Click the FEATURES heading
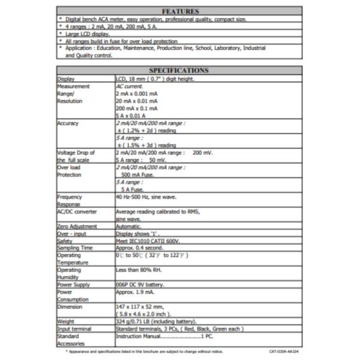(179, 11)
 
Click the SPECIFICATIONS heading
(179, 70)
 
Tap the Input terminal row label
(74, 329)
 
